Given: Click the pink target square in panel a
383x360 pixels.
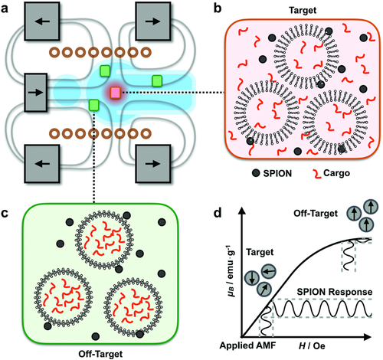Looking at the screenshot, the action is tap(116, 93).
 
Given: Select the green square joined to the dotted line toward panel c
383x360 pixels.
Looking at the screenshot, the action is tap(93, 105).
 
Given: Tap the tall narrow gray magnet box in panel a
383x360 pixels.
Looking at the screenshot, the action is tap(36, 93).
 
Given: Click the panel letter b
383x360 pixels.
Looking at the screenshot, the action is tap(218, 9).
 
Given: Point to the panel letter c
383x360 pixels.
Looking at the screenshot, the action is tap(5, 213).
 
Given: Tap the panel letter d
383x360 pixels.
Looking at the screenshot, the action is tap(218, 212).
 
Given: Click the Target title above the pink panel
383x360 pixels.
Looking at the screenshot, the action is tap(303, 10).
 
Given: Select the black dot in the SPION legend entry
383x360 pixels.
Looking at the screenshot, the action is tap(256, 173).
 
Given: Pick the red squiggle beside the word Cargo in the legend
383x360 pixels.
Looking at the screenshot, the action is tap(317, 174).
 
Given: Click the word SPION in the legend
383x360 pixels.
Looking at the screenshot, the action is tap(277, 174).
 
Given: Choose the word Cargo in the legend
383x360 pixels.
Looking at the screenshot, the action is tap(336, 174).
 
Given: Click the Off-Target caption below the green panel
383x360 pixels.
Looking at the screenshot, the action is tap(100, 354).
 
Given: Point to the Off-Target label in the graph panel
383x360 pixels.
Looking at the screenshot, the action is tap(316, 214).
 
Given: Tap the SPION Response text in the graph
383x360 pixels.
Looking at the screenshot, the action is tap(335, 292).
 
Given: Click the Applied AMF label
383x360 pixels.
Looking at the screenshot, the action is tap(247, 345).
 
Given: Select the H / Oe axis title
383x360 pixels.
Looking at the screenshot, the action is tap(312, 346).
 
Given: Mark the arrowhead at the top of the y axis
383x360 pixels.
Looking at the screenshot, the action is tap(242, 211).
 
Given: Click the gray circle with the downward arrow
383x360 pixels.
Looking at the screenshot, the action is tap(252, 278).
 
